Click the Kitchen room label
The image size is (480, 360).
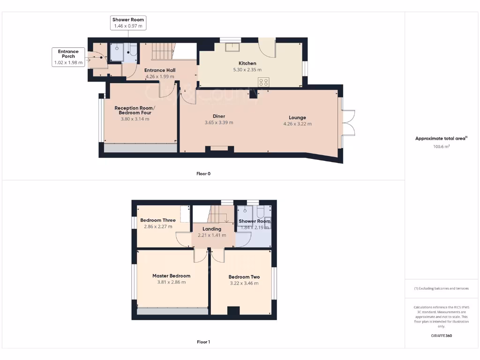pyautogui.click(x=247, y=63)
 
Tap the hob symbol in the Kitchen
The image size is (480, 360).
pyautogui.click(x=263, y=82)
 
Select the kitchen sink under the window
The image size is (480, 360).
pyautogui.click(x=231, y=46)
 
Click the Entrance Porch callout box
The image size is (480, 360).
pyautogui.click(x=68, y=57)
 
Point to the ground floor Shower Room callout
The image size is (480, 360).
pyautogui.click(x=128, y=23)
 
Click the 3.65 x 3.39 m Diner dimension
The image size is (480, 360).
pyautogui.click(x=218, y=123)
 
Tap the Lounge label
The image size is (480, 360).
pyautogui.click(x=297, y=118)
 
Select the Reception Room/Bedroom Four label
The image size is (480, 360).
pyautogui.click(x=134, y=111)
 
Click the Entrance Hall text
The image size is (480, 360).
pyautogui.click(x=159, y=70)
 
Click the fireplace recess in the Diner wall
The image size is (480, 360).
pyautogui.click(x=219, y=149)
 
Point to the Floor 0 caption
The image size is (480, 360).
pyautogui.click(x=203, y=173)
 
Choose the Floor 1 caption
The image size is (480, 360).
pyautogui.click(x=203, y=342)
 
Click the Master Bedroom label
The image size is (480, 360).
pyautogui.click(x=171, y=276)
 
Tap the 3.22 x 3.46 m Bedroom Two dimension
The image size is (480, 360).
pyautogui.click(x=244, y=283)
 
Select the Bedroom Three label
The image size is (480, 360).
pyautogui.click(x=158, y=220)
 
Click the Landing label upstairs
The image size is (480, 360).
pyautogui.click(x=211, y=229)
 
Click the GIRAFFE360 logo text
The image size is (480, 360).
pyautogui.click(x=442, y=336)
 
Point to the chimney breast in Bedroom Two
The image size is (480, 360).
pyautogui.click(x=233, y=311)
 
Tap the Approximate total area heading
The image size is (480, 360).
pyautogui.click(x=441, y=138)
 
